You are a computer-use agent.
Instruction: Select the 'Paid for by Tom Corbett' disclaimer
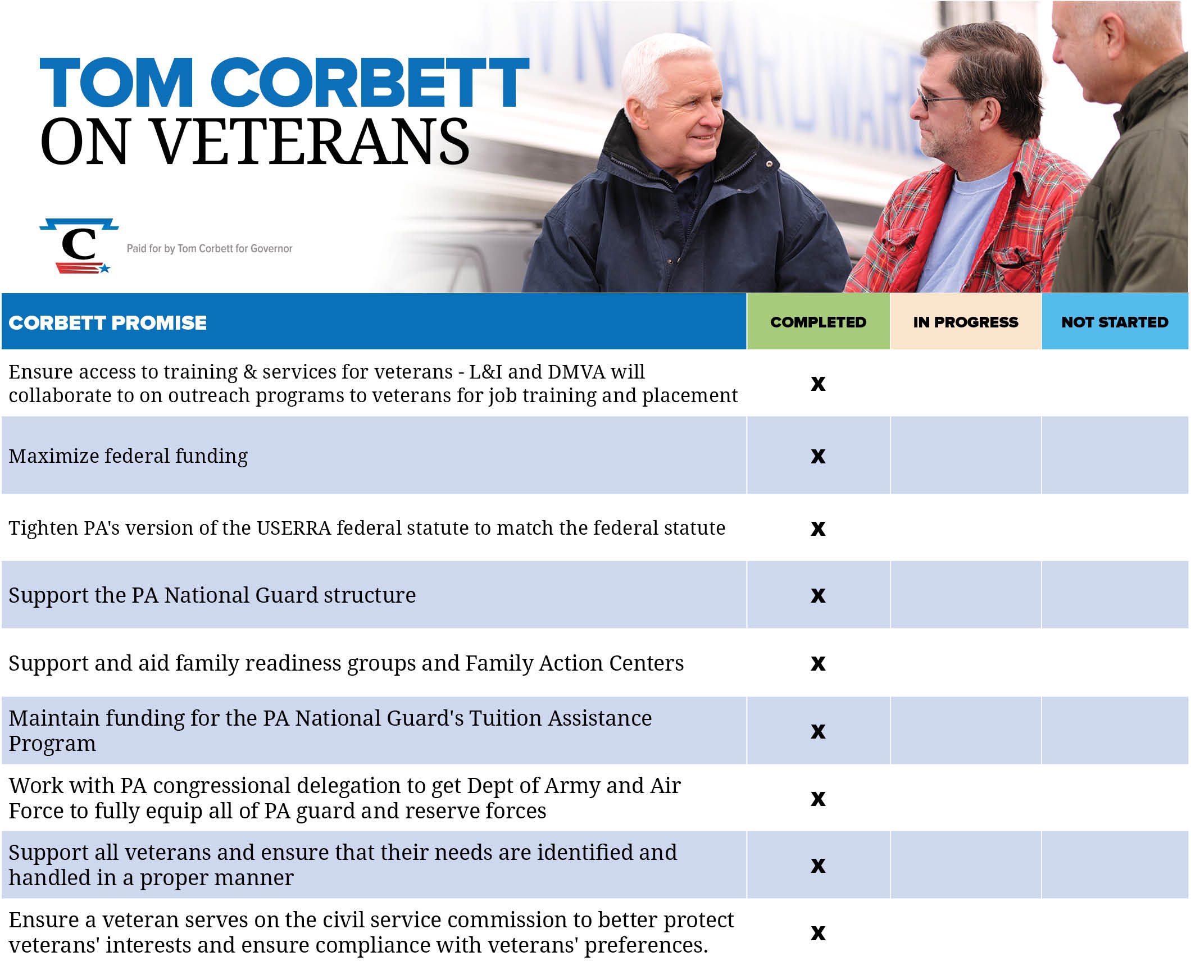pyautogui.click(x=209, y=248)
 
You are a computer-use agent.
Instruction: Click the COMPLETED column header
pyautogui.click(x=817, y=322)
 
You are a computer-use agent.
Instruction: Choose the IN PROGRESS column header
pyautogui.click(x=965, y=322)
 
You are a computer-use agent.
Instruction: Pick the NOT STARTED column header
pyautogui.click(x=1114, y=322)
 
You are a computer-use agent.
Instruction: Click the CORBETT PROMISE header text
pyautogui.click(x=108, y=322)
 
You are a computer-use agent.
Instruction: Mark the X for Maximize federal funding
pyautogui.click(x=818, y=456)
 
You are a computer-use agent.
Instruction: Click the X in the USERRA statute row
pyautogui.click(x=818, y=529)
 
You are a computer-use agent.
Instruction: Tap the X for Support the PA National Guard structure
pyautogui.click(x=818, y=595)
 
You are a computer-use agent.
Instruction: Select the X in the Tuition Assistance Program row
pyautogui.click(x=818, y=731)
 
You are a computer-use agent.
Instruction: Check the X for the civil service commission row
pyautogui.click(x=818, y=933)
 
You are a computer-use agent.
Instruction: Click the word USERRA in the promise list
pyautogui.click(x=294, y=528)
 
